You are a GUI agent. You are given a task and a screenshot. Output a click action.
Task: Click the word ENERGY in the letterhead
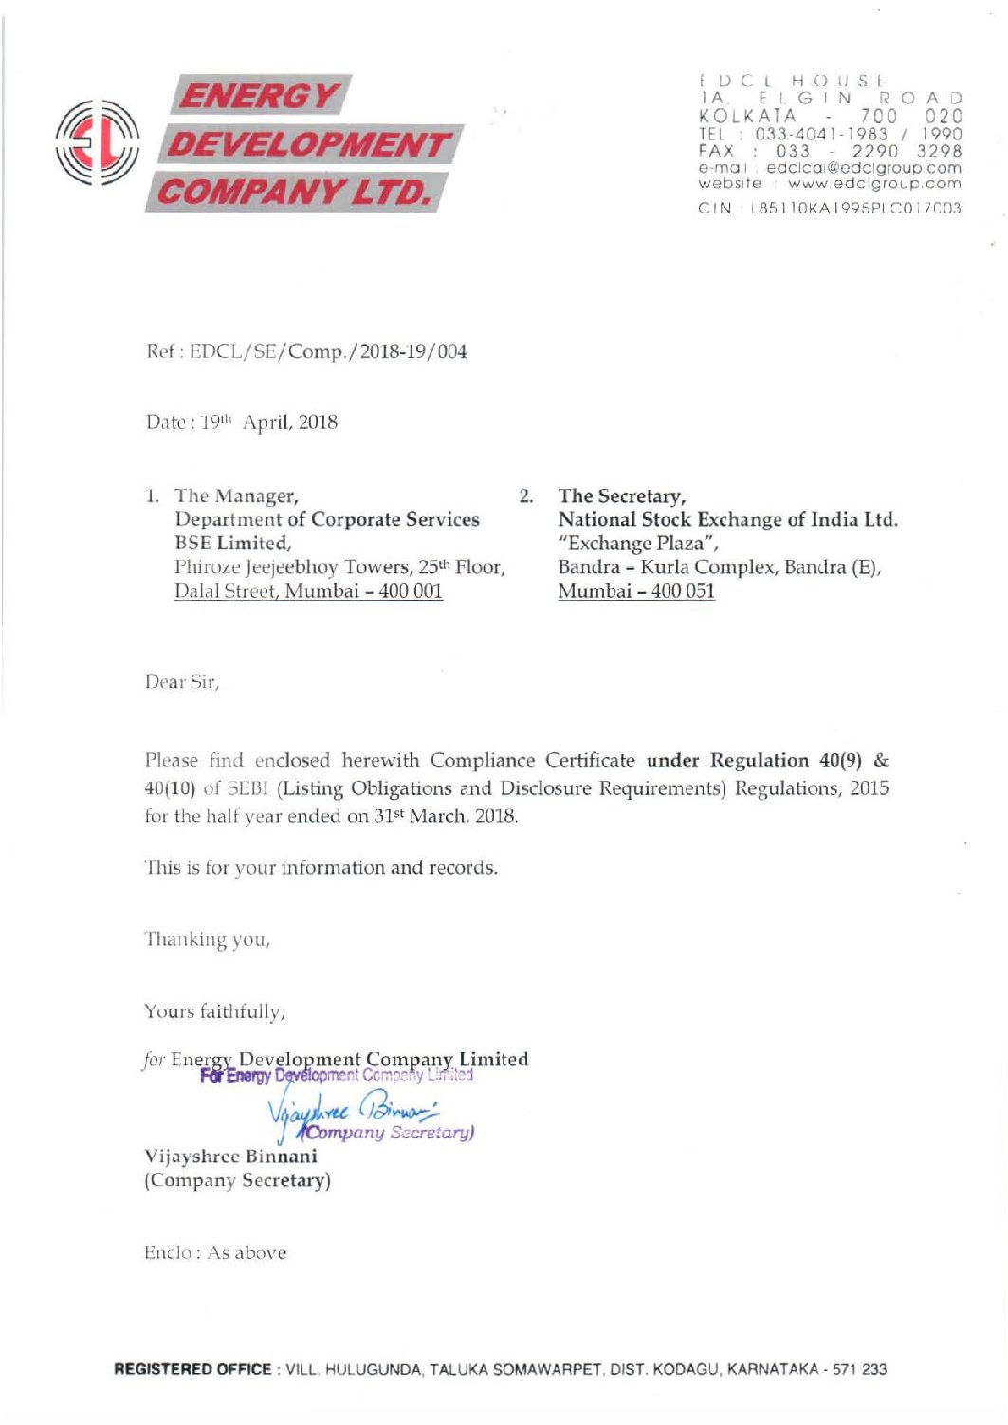[x=259, y=96]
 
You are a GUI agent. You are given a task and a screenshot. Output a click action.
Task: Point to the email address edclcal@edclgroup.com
[x=863, y=167]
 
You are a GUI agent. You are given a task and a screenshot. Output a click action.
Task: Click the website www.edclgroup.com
[x=873, y=183]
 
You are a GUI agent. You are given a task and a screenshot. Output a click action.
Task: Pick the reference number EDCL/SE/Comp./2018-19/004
[x=328, y=352]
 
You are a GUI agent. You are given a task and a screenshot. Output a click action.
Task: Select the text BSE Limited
[x=232, y=543]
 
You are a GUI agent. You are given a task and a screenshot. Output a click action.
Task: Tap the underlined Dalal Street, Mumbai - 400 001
[x=308, y=591]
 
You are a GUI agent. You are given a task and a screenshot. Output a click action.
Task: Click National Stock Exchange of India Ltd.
[x=727, y=519]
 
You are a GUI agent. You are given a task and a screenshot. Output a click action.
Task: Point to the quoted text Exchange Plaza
[x=638, y=543]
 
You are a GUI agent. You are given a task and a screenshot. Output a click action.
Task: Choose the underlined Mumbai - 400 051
[x=636, y=591]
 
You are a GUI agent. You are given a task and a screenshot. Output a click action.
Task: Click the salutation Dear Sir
[x=182, y=682]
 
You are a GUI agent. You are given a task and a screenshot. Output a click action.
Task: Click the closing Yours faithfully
[x=214, y=1011]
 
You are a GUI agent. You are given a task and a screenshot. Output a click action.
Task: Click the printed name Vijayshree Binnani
[x=230, y=1157]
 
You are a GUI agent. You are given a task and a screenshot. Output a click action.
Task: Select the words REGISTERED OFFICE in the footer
[x=192, y=1369]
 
